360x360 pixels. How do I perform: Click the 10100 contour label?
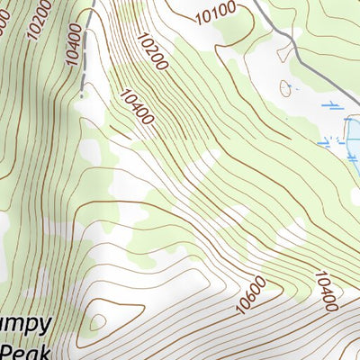[x=214, y=13]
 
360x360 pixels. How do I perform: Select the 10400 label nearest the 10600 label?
[x=326, y=291]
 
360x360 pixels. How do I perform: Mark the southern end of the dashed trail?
[x=82, y=94]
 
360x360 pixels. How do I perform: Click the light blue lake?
[x=354, y=139]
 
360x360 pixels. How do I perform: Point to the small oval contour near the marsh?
[x=287, y=87]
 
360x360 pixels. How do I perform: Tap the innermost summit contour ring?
[x=97, y=321]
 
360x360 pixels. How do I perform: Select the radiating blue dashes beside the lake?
[x=328, y=140]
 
